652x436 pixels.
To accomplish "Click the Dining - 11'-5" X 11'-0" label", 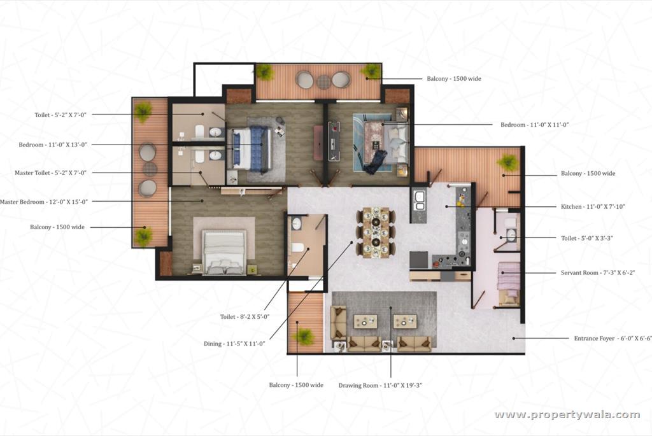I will (234, 344).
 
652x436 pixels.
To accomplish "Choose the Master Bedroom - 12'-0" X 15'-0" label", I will (44, 202).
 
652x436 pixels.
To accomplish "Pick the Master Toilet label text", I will (50, 172).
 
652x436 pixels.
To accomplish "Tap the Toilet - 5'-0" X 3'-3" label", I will (586, 238).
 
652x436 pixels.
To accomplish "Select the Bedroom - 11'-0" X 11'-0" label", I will (534, 125).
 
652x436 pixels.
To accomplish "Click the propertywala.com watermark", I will (567, 415).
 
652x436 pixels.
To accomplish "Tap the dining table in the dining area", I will (376, 231).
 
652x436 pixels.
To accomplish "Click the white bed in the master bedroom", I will (224, 251).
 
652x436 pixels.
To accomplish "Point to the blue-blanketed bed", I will (251, 148).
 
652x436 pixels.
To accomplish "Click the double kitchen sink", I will (420, 200).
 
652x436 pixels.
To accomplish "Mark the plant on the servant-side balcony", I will (508, 163).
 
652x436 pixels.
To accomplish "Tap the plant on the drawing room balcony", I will (304, 335).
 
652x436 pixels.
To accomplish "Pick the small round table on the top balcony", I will (323, 81).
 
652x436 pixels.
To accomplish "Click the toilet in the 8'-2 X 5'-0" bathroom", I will (297, 248).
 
